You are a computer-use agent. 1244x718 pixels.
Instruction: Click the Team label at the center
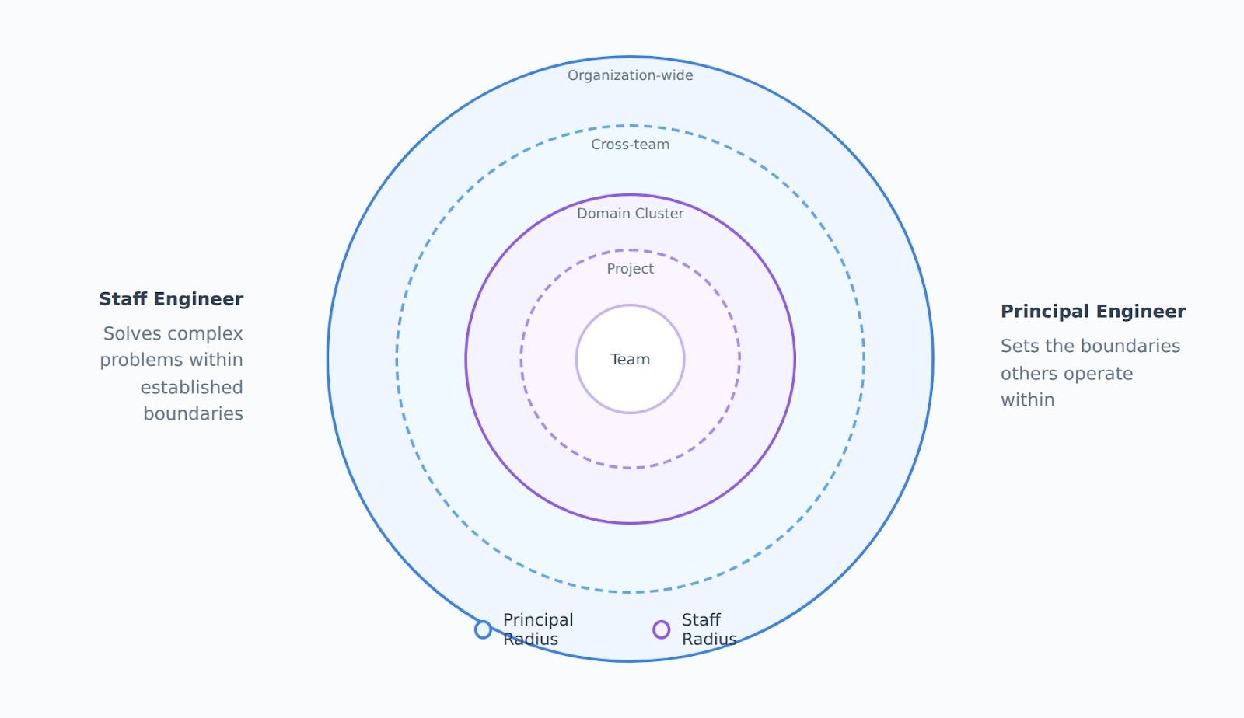click(630, 359)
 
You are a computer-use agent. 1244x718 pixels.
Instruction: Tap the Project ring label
click(630, 269)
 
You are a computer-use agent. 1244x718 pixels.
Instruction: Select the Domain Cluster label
click(630, 214)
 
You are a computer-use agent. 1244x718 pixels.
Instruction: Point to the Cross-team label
click(630, 145)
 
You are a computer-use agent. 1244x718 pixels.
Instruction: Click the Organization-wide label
click(630, 75)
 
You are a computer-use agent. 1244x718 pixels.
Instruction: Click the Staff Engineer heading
click(171, 299)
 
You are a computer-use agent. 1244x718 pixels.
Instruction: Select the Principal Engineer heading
click(1092, 312)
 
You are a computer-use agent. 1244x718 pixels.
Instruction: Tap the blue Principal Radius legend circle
click(483, 629)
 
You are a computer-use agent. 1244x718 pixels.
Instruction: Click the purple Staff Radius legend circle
click(661, 629)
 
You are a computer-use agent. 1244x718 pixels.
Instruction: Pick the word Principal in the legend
click(538, 620)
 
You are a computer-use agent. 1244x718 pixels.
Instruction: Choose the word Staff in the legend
click(701, 620)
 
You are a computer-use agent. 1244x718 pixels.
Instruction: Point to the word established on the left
click(191, 387)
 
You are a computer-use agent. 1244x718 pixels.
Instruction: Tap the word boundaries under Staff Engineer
click(193, 413)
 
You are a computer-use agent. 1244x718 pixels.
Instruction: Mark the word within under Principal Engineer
click(1027, 400)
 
